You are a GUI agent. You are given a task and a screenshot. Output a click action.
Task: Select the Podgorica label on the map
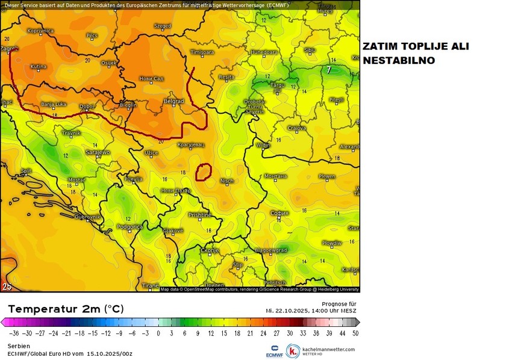(130, 227)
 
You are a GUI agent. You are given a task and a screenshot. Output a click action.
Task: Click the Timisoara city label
(202, 52)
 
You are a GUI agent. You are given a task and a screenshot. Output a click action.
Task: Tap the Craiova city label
(296, 128)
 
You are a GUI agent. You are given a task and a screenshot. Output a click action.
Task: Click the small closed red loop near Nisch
(204, 172)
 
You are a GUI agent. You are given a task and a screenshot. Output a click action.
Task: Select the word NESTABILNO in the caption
(398, 61)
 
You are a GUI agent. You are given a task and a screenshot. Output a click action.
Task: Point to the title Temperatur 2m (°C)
(66, 309)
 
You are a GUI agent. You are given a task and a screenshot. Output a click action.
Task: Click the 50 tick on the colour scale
(356, 332)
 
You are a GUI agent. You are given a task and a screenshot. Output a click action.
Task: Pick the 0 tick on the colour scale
(158, 332)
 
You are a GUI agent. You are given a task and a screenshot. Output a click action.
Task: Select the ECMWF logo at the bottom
(275, 352)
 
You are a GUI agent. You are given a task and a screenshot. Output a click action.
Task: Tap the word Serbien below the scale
(17, 346)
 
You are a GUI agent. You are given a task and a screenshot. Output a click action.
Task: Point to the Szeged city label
(163, 26)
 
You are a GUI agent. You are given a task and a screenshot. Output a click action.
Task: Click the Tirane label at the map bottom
(150, 285)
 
